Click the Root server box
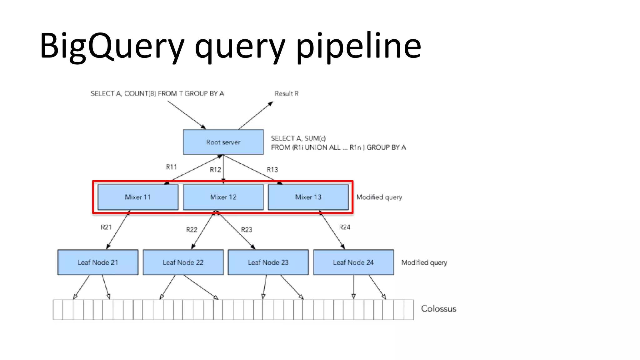pos(223,142)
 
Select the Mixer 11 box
pos(138,197)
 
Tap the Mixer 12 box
pos(223,197)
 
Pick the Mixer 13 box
pos(308,197)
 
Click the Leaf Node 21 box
pos(98,262)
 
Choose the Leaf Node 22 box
pos(183,262)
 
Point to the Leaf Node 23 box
pos(268,262)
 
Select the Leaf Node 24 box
pos(353,262)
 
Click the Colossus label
pos(438,309)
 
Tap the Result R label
pos(287,94)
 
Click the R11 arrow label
pos(171,167)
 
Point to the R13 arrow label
pos(272,170)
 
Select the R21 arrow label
pos(106,227)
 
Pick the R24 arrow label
pos(345,227)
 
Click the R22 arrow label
pos(192,230)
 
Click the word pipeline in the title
pos(358,46)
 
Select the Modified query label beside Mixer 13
pos(379,197)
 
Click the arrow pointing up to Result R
pos(256,115)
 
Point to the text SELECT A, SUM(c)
pos(298,138)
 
